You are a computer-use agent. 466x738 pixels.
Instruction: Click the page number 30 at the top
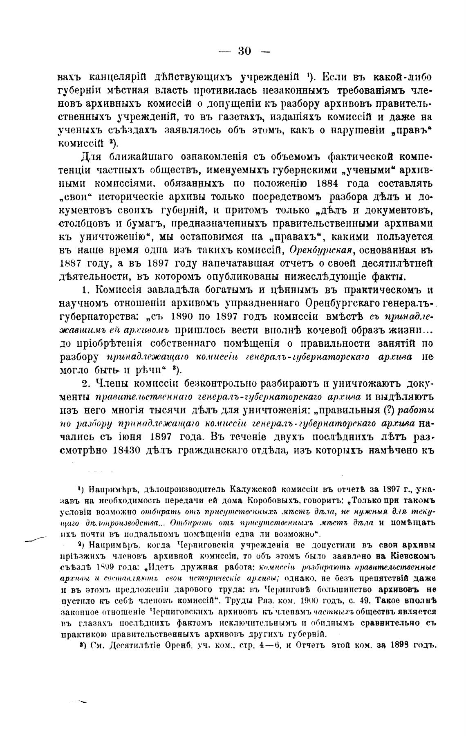pos(244,51)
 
